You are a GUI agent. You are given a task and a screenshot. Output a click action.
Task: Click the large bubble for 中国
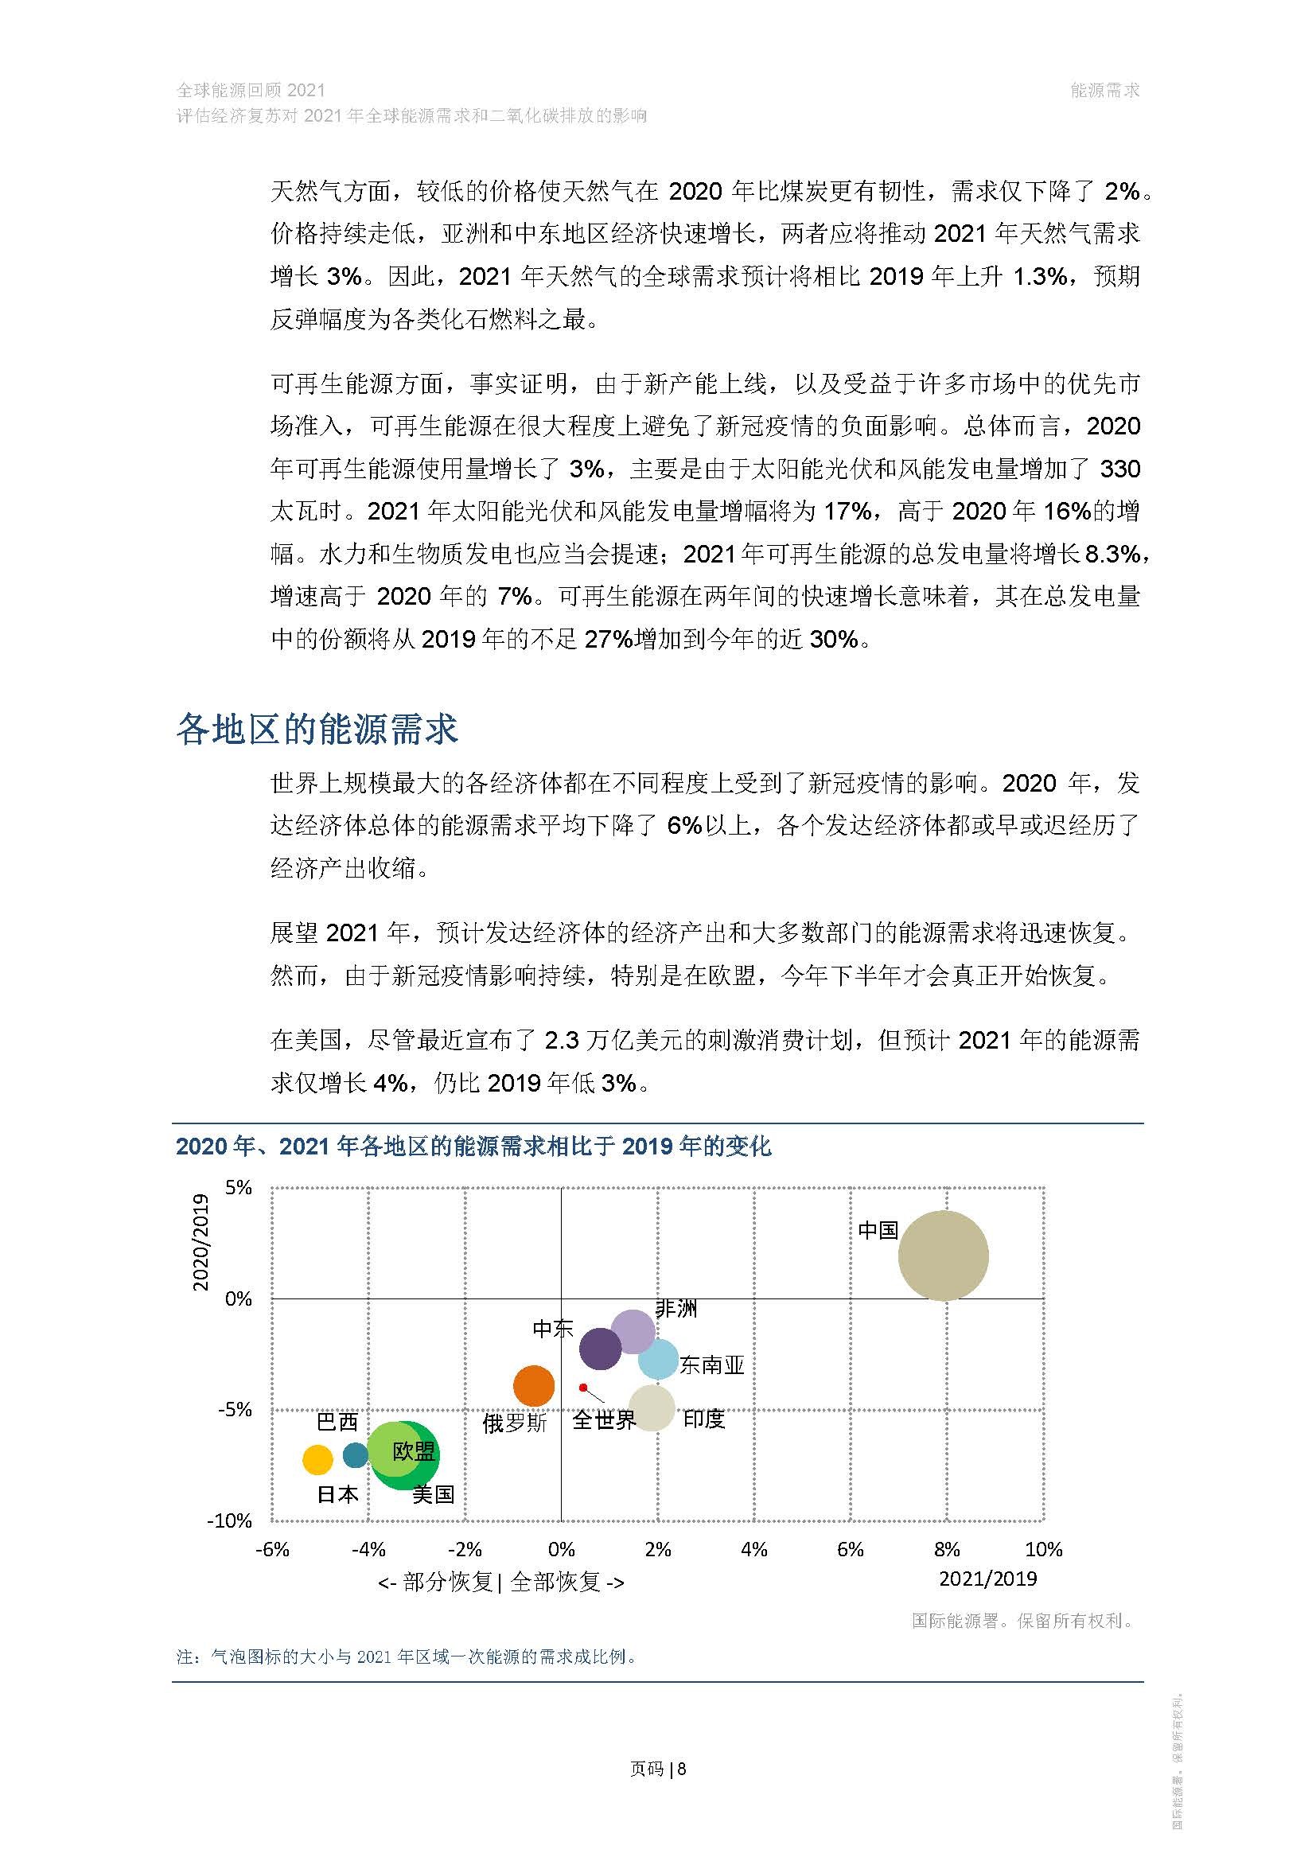[944, 1256]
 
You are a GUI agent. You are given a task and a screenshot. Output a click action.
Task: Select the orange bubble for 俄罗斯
[534, 1385]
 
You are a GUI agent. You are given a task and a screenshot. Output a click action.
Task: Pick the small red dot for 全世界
[582, 1388]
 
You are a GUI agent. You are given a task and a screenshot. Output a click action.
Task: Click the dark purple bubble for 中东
[601, 1348]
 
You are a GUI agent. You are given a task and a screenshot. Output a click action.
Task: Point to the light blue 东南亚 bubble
[659, 1359]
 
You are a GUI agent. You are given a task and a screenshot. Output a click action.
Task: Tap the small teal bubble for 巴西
[355, 1455]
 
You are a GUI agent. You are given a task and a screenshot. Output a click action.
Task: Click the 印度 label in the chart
[703, 1419]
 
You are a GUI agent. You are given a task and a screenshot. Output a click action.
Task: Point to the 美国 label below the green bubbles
[433, 1494]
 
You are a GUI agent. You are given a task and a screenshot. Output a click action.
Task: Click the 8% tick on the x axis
[947, 1550]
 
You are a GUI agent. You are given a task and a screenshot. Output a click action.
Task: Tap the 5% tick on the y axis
[238, 1188]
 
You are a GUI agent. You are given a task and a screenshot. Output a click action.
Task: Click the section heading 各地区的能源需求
[317, 730]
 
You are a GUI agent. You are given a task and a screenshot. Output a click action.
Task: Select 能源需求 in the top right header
[1104, 91]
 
